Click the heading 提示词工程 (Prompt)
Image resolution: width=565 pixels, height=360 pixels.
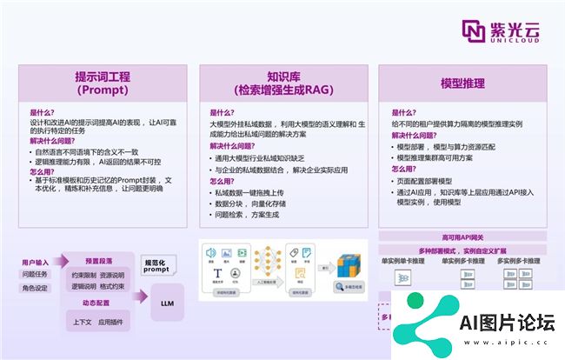click(103, 83)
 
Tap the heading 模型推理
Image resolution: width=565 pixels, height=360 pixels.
click(462, 83)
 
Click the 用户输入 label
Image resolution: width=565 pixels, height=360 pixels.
click(36, 261)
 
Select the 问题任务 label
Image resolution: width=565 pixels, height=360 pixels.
click(36, 274)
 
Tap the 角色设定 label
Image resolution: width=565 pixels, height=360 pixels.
click(36, 288)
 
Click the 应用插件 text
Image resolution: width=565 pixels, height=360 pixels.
click(113, 321)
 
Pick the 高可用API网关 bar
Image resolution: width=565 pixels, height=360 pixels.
click(462, 237)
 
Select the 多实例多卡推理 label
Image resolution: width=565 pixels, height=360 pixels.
click(519, 260)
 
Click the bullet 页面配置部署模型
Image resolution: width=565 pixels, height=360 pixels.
click(432, 180)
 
